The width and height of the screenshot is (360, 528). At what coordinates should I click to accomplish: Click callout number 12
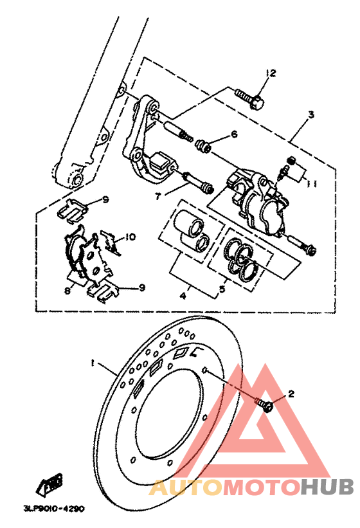coord(271,73)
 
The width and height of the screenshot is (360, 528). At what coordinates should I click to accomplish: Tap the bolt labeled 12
coord(249,98)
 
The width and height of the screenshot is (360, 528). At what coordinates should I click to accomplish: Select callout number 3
coord(311,114)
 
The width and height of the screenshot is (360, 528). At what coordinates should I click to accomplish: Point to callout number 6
coord(234,134)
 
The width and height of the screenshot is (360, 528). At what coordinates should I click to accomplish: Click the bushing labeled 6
coord(204,146)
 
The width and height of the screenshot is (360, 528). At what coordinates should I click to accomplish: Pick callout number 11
coord(312,184)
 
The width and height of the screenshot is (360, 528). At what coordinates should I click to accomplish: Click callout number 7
coord(157,196)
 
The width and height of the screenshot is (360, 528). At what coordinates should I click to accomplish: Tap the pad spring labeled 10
coord(110,242)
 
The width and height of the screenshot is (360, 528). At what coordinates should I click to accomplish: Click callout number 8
coord(67,290)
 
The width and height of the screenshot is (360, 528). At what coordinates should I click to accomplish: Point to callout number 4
coord(183,296)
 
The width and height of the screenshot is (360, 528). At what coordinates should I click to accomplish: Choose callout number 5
coord(222,289)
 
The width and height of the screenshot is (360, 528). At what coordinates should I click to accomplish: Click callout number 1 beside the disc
coord(92,363)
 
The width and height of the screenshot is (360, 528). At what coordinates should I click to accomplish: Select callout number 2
coord(291,394)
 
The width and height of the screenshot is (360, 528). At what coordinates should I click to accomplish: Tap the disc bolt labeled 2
coord(264,405)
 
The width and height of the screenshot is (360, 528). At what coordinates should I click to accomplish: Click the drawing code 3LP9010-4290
coord(54,509)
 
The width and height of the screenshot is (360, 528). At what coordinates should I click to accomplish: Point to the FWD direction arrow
coord(50,484)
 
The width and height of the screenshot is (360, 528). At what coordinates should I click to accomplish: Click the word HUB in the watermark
coord(327,487)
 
